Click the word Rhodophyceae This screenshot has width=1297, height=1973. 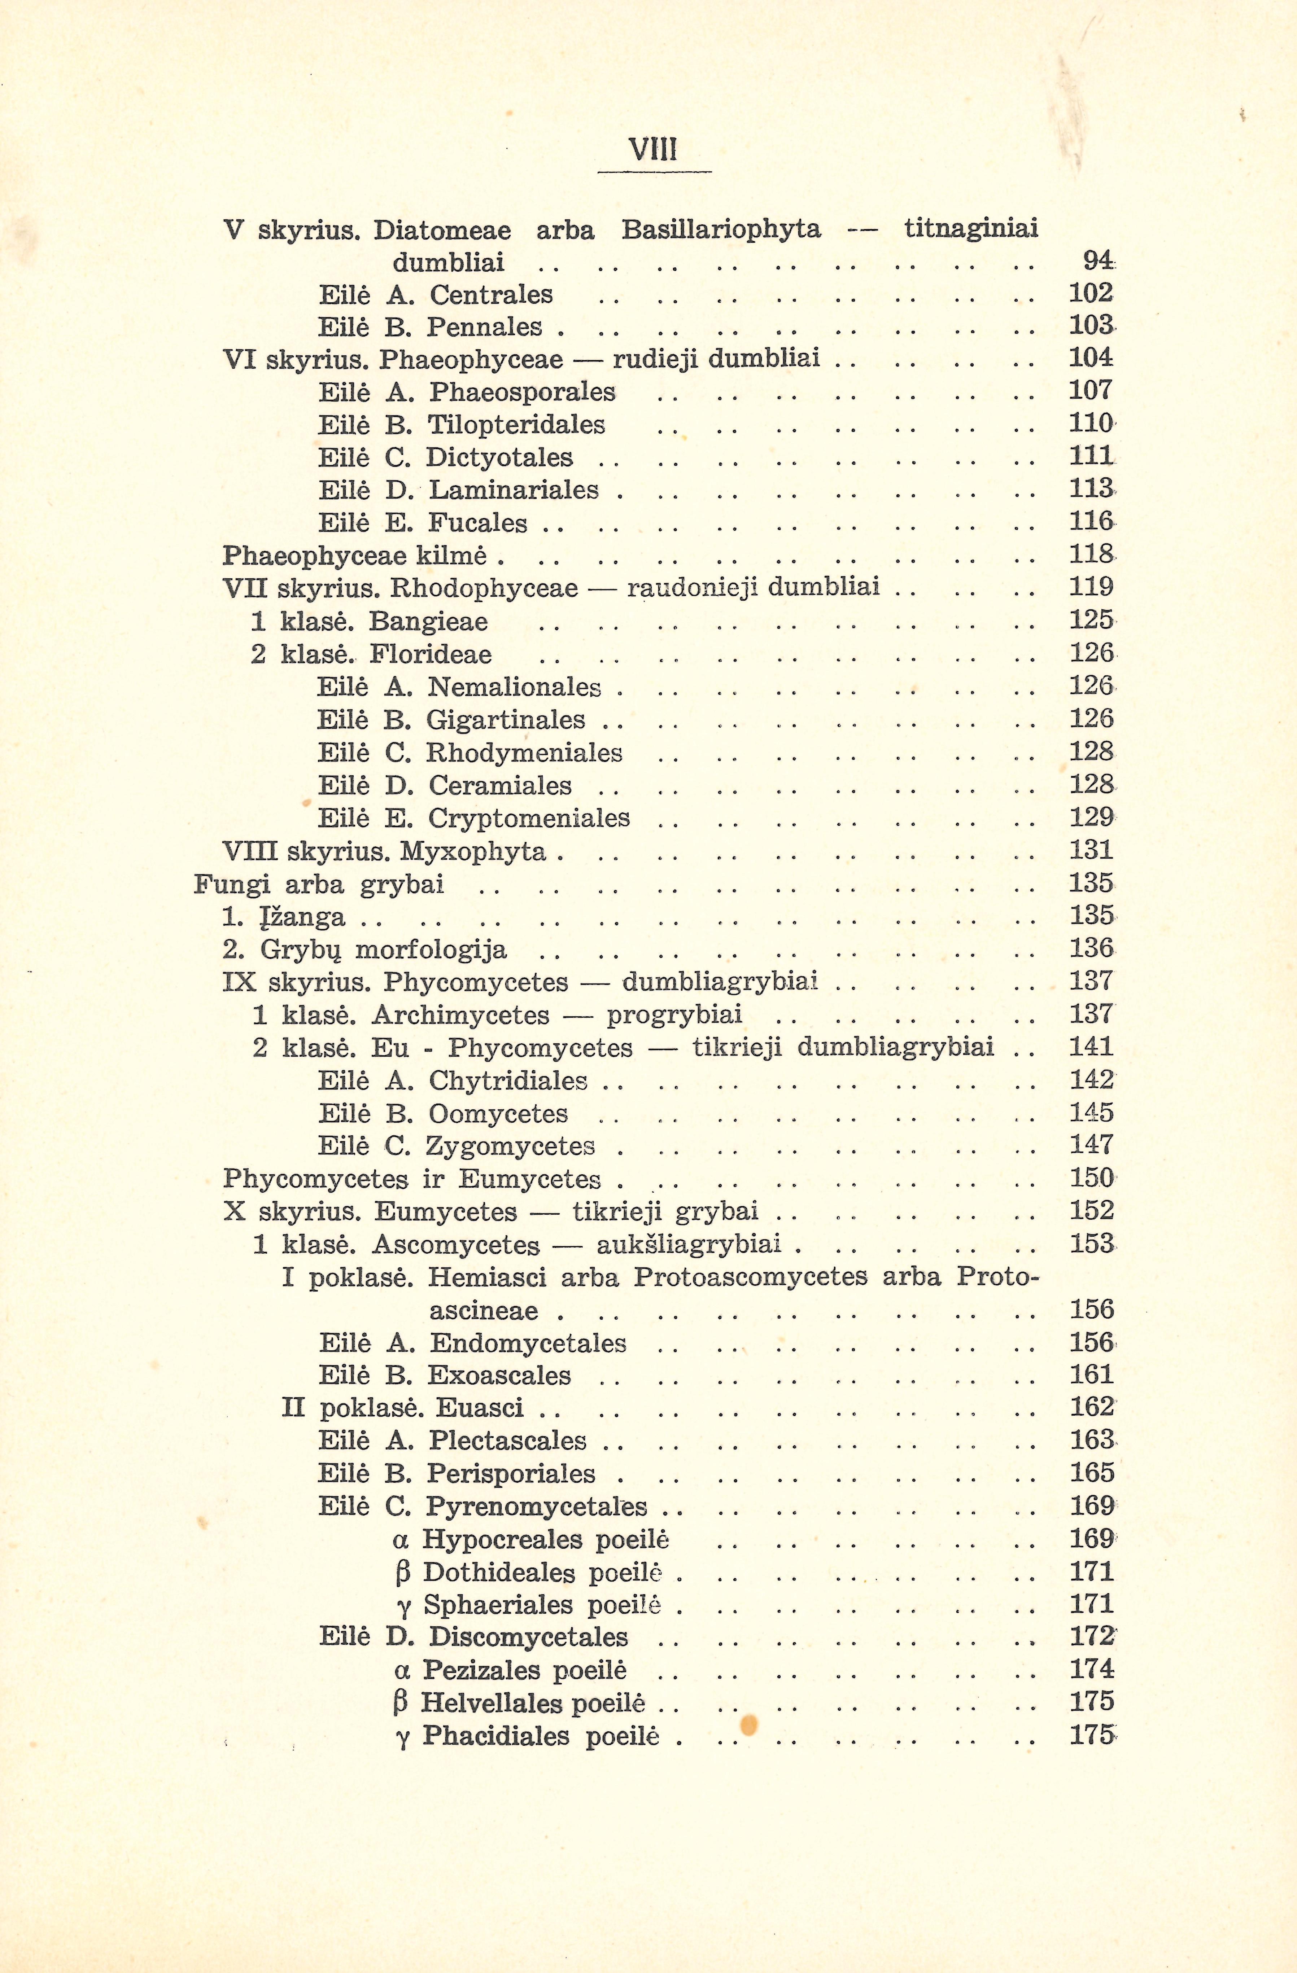484,588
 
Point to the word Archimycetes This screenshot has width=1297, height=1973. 460,1016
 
